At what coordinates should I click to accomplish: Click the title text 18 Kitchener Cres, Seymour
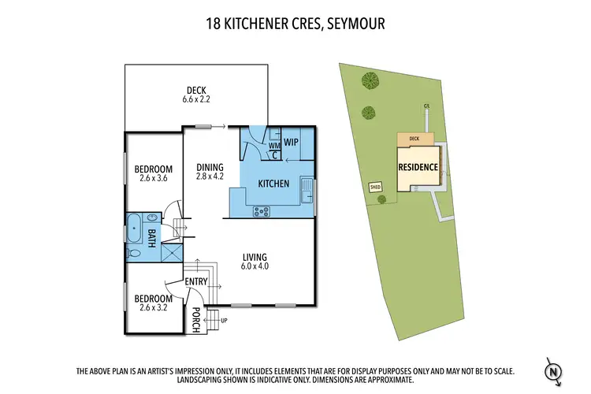click(295, 23)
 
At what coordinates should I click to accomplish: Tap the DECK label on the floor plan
click(196, 90)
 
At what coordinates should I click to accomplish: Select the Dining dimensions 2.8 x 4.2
click(210, 177)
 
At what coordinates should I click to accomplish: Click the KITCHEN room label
click(273, 184)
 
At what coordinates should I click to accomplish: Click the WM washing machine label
click(273, 145)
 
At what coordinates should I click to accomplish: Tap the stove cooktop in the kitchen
click(261, 210)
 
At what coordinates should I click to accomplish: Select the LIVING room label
click(255, 257)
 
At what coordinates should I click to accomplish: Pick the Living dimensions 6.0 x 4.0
click(255, 267)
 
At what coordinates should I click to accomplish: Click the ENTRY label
click(195, 281)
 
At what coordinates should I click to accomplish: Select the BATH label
click(151, 236)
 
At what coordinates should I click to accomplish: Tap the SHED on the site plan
click(375, 188)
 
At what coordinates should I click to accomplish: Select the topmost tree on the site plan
click(369, 79)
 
